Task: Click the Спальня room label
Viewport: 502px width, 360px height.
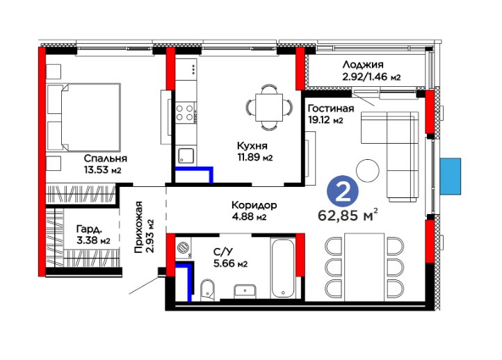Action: tap(105, 158)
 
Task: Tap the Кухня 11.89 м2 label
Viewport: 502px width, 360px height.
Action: tap(255, 152)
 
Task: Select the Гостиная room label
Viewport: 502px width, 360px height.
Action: tap(331, 109)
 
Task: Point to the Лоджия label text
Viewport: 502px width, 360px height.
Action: tap(363, 65)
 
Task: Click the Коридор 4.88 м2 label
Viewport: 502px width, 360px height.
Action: tap(254, 211)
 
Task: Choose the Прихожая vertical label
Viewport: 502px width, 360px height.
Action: tap(138, 227)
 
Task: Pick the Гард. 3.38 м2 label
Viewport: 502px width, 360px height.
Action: tap(93, 235)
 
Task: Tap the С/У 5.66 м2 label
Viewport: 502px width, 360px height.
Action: tap(230, 258)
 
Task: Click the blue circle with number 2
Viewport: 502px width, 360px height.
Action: tap(343, 191)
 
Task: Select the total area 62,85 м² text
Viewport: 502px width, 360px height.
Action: tap(348, 215)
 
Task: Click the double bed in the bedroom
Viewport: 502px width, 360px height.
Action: tap(84, 117)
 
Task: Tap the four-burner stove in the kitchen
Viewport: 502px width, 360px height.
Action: tap(186, 113)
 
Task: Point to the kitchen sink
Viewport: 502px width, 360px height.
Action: tap(186, 156)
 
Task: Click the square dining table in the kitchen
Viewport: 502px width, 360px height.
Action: tap(269, 108)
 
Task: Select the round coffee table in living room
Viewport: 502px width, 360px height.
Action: tap(368, 171)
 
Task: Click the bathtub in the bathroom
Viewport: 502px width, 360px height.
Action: tap(283, 268)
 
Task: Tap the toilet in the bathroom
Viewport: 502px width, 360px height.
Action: tap(208, 290)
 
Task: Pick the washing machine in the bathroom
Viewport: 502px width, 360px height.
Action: tap(184, 247)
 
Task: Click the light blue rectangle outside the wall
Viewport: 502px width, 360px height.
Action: tap(450, 177)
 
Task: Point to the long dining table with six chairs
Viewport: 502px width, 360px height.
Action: tap(364, 267)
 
